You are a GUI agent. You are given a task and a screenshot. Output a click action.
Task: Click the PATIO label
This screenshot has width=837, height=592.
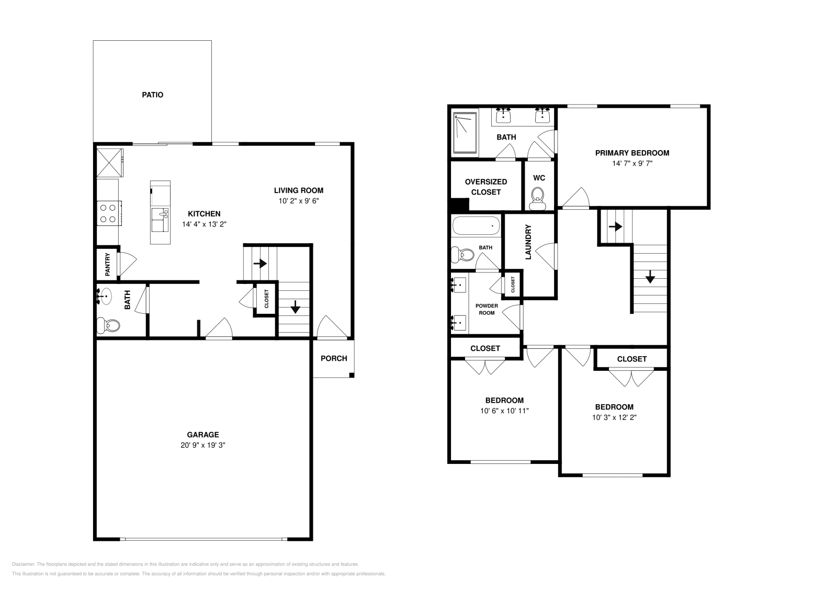[x=152, y=95]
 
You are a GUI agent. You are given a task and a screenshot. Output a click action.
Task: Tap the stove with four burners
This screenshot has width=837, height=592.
[x=109, y=213]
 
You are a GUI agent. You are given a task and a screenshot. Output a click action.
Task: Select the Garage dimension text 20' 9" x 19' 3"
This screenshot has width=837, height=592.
[x=203, y=445]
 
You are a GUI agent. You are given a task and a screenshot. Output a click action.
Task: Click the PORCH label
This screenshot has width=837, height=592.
[x=334, y=359]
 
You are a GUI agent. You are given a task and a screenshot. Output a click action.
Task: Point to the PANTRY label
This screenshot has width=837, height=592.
[x=108, y=265]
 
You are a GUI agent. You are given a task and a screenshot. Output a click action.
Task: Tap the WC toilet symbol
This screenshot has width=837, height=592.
[x=538, y=198]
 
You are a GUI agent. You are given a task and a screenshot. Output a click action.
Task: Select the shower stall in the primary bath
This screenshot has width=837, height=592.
[x=465, y=133]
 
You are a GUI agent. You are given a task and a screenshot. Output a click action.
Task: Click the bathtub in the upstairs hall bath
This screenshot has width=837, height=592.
[x=476, y=225]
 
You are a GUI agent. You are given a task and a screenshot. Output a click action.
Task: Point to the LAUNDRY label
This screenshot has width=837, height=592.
[x=528, y=242]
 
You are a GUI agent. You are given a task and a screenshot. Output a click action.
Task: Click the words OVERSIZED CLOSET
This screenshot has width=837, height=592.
[x=486, y=187]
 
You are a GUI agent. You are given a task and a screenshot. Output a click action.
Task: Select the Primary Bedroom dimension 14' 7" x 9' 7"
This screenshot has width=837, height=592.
[x=632, y=163]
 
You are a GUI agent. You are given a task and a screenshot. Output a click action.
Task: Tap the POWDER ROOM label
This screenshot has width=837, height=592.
[x=487, y=309]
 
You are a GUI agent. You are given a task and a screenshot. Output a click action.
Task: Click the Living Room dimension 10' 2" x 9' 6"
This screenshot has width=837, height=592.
[x=299, y=201]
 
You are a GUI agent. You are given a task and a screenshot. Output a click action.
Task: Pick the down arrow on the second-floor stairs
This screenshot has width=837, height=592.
[x=650, y=277]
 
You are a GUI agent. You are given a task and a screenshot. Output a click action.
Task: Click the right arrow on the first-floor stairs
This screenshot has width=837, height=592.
[x=260, y=264]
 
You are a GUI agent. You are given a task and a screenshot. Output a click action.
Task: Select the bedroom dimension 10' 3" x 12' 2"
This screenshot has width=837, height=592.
[x=614, y=417]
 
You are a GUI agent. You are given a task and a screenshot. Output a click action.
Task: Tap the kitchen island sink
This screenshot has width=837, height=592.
[x=160, y=220]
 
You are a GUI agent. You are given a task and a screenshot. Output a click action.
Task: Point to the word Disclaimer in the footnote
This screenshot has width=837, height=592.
[x=23, y=564]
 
